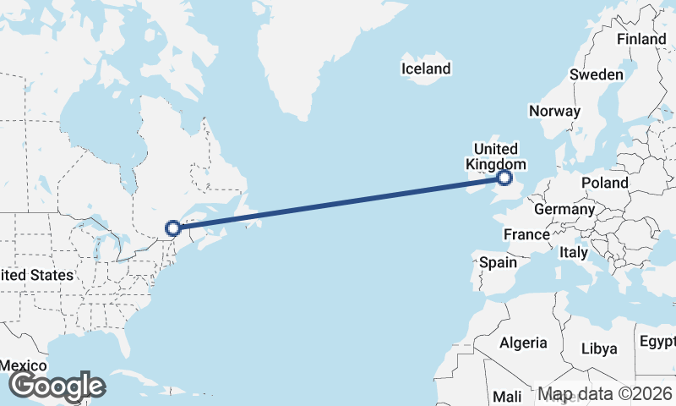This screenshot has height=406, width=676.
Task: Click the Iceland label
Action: [426, 69]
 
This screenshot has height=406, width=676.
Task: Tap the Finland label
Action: [641, 39]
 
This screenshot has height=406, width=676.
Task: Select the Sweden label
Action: [596, 74]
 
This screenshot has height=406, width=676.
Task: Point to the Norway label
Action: [554, 111]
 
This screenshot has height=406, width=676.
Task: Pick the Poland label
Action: [604, 183]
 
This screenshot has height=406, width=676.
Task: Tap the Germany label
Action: [564, 209]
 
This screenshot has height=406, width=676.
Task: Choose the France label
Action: [526, 233]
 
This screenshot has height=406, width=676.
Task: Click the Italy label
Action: [574, 252]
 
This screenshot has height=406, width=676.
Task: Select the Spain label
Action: [498, 262]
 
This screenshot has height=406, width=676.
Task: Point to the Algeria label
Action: [523, 343]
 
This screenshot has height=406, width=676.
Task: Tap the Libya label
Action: [599, 348]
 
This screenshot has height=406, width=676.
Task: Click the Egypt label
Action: [657, 342]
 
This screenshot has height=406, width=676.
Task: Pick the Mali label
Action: [507, 396]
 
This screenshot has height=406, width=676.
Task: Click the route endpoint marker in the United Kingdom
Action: [504, 178]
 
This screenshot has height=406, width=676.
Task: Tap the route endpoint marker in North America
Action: [172, 228]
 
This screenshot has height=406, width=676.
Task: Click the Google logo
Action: [57, 386]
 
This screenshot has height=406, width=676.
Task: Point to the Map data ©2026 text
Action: [604, 394]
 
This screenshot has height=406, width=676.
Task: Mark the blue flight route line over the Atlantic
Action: [338, 203]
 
